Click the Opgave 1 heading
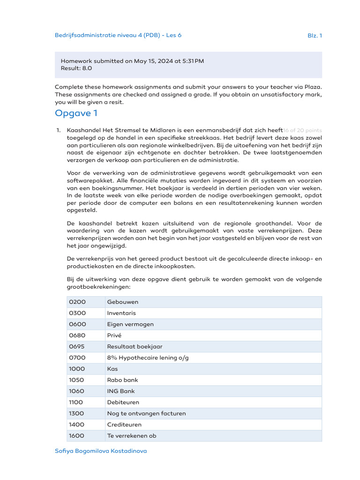point(76,113)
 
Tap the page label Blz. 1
point(315,35)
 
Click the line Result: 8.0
point(76,68)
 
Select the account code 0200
point(77,302)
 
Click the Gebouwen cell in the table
point(123,302)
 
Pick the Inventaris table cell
point(121,313)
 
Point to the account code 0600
point(77,324)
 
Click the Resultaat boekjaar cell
point(135,346)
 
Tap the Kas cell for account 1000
point(112,369)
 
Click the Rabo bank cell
point(123,380)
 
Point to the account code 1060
point(77,391)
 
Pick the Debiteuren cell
point(123,402)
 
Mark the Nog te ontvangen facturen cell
point(146,413)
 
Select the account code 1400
point(77,425)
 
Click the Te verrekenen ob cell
point(132,435)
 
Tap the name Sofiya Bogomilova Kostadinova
point(101,451)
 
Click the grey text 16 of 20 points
point(303,130)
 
